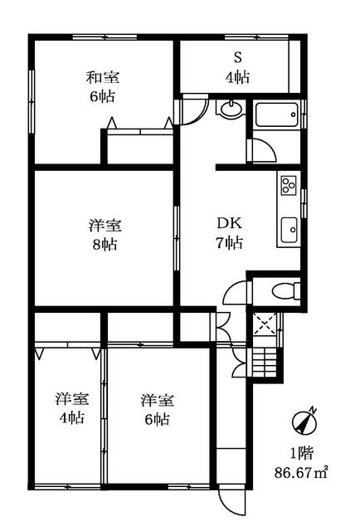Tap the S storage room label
(236, 58)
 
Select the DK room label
(230, 223)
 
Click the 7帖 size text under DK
(230, 244)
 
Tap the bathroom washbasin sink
(230, 110)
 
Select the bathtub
(277, 114)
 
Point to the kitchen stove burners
(288, 184)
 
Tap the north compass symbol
(303, 421)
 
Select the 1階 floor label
(301, 454)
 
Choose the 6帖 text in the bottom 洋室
(155, 419)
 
